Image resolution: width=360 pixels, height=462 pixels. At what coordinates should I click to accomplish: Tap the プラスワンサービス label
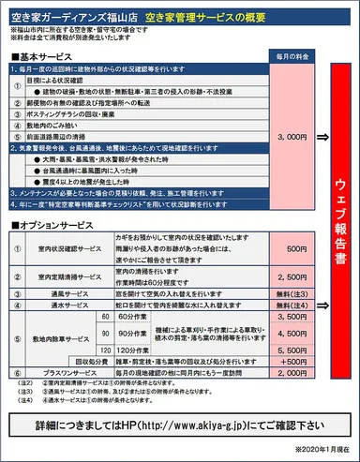click(x=76, y=372)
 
